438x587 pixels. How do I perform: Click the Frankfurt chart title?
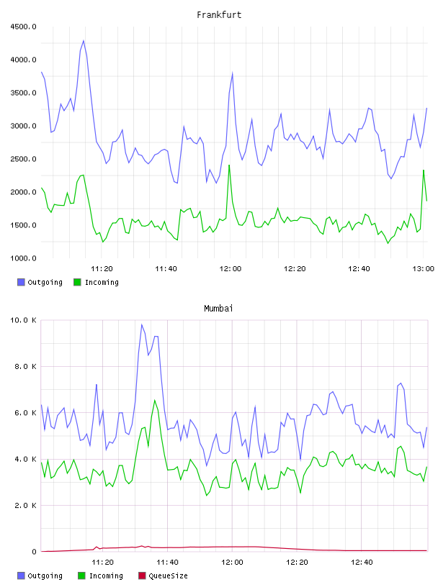point(219,15)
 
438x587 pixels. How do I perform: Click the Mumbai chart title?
point(218,309)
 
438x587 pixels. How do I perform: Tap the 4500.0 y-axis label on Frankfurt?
point(23,27)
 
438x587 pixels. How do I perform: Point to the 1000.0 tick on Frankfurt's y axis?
point(23,258)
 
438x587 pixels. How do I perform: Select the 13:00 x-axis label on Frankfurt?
point(424,268)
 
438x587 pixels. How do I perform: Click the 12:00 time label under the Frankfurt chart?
point(231,268)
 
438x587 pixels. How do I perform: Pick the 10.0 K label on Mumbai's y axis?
point(23,320)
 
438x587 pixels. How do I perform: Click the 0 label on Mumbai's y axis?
point(34,552)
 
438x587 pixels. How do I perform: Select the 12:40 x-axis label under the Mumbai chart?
point(362,562)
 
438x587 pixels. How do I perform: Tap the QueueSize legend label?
point(168,575)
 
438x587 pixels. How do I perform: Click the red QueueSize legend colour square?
point(142,575)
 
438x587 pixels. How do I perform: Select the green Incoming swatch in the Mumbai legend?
point(81,575)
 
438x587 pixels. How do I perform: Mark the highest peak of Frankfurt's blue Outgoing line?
point(84,40)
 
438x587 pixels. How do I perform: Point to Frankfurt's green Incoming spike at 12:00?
point(229,165)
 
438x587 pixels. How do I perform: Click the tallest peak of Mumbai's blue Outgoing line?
point(142,324)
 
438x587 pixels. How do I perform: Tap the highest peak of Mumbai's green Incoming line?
point(154,400)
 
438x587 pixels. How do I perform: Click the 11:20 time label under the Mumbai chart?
point(102,562)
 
